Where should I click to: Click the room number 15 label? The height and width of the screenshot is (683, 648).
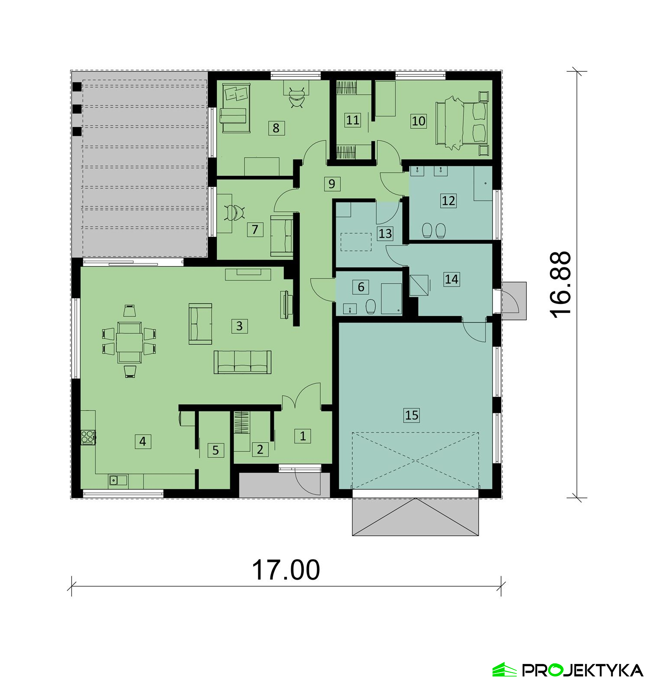[412, 415]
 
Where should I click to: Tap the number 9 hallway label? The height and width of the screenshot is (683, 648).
[332, 184]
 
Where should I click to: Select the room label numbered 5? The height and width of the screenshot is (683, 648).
[216, 450]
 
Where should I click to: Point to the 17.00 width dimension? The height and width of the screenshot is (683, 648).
[286, 569]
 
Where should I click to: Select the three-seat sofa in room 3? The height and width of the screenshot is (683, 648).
[243, 362]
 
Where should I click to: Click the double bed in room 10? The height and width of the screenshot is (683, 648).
[462, 123]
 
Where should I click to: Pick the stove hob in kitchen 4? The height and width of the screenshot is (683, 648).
[88, 437]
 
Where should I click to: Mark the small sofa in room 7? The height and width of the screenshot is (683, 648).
[282, 236]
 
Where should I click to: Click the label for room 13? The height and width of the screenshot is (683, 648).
[385, 234]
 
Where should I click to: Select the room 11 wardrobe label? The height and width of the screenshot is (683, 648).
[353, 120]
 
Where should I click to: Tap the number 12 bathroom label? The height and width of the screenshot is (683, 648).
[448, 201]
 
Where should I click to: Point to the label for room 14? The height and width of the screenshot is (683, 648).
[451, 279]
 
